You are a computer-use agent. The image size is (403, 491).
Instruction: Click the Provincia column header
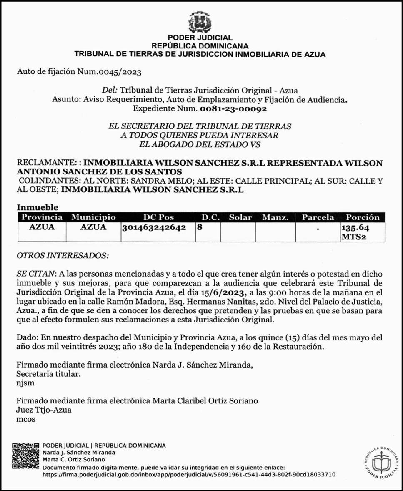[42, 217]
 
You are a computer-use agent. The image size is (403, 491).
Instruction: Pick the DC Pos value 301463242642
[154, 228]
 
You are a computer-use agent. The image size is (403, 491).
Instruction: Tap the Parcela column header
[318, 217]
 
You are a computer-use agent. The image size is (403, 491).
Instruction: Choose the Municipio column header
[93, 217]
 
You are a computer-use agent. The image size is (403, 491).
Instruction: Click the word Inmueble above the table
[38, 207]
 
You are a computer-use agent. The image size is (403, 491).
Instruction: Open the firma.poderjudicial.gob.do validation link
[189, 475]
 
